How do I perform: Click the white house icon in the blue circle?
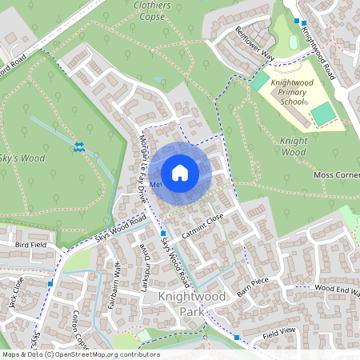point(180,172)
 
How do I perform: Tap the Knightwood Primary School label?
point(298,92)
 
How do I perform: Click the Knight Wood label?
point(294,146)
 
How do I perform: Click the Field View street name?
point(279,330)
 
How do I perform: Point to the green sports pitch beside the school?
point(322,114)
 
